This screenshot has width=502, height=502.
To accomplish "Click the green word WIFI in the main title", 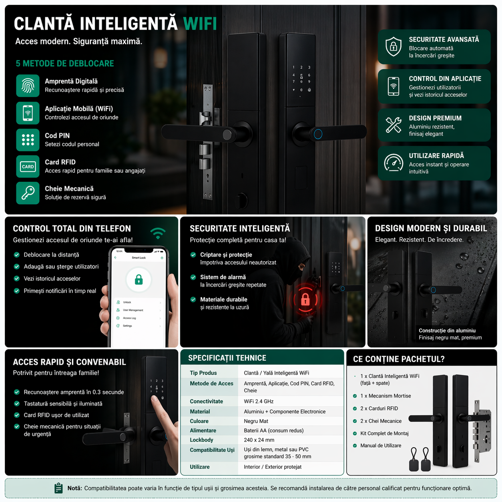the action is (200, 24).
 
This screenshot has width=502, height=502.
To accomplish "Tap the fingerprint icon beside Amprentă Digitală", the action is (28, 86).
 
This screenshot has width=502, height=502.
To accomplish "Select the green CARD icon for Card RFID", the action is (28, 167).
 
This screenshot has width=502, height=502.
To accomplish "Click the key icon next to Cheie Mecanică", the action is (28, 193).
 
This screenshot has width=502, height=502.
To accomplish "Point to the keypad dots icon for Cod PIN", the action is (28, 140).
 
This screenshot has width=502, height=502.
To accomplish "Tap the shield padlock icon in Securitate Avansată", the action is (394, 46).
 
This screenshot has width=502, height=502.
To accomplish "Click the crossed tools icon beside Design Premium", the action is (394, 125).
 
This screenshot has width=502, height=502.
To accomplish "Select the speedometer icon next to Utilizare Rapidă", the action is (394, 163).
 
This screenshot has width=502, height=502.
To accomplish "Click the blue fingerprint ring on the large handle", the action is (318, 134).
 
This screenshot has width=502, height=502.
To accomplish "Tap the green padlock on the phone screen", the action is (139, 279).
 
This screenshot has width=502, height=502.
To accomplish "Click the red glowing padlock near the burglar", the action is (305, 299).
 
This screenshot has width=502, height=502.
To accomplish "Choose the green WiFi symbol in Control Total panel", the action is (158, 233).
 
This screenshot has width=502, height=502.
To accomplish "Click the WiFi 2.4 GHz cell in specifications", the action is (259, 401).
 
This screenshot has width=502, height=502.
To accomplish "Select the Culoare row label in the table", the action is (199, 421).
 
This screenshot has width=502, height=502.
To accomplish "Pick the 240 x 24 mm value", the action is (259, 440).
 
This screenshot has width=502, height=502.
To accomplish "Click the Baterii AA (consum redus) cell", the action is (273, 430).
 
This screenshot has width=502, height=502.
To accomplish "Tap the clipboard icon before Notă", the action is (58, 488).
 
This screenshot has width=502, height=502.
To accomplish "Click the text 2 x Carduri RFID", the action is (379, 408).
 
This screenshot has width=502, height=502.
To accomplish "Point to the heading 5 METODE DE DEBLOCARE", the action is (65, 63).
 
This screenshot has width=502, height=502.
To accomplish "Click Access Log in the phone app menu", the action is (129, 318).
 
